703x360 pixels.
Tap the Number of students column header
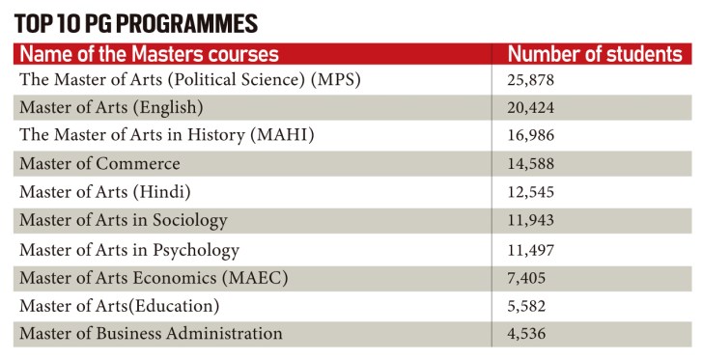pyautogui.click(x=595, y=54)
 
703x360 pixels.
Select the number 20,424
pyautogui.click(x=531, y=107)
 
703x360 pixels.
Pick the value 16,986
pyautogui.click(x=531, y=135)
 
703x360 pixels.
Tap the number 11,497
pyautogui.click(x=531, y=250)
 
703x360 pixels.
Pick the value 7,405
pyautogui.click(x=527, y=279)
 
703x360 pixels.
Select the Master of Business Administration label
pyautogui.click(x=151, y=334)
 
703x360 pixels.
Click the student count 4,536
pyautogui.click(x=527, y=335)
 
